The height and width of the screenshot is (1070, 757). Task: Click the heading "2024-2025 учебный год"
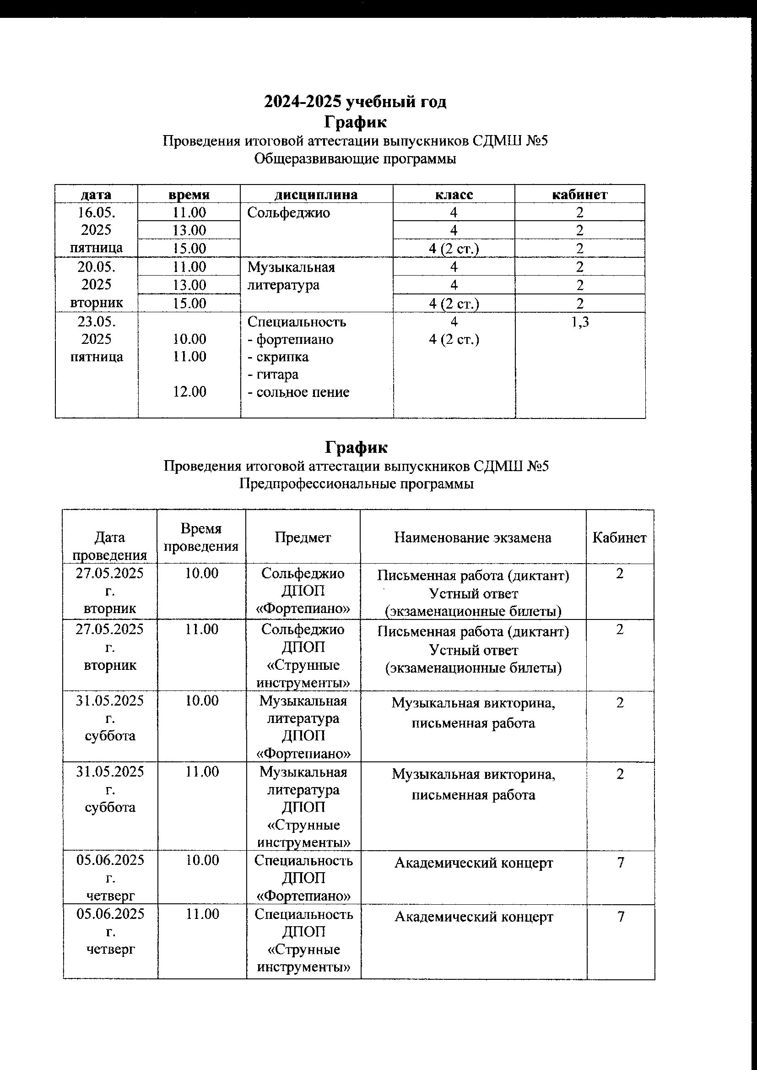coord(355,102)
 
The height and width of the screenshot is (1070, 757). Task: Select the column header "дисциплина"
coord(316,195)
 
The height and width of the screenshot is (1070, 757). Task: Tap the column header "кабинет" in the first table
coord(579,195)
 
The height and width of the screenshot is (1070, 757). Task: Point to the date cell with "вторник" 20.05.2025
coord(97,284)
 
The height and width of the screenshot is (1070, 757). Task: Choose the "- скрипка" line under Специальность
coord(278,357)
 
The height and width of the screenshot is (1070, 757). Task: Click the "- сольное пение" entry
coord(298,392)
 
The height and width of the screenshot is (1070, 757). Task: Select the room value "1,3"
coord(580,322)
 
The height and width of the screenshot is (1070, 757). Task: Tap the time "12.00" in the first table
coord(189,391)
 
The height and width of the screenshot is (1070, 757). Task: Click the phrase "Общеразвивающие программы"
coord(355,159)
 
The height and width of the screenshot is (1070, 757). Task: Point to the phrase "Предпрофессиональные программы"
coord(357,484)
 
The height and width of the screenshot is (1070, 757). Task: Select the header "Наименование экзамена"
coord(473,538)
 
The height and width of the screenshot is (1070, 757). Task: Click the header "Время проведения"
coord(201,537)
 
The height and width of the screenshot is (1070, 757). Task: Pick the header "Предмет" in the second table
coord(303,538)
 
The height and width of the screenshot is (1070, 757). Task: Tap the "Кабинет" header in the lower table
coord(620,538)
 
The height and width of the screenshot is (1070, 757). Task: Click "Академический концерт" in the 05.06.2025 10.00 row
coord(474,863)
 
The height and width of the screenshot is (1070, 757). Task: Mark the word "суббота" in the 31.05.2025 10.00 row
coord(110,736)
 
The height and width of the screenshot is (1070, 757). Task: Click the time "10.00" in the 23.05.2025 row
coord(189,339)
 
